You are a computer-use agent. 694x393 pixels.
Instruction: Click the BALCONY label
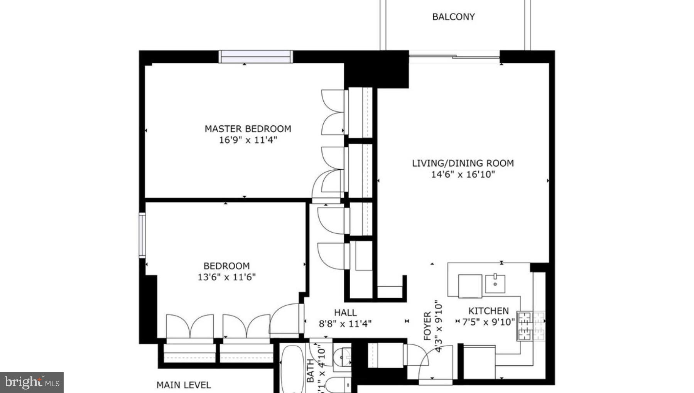tap(453, 17)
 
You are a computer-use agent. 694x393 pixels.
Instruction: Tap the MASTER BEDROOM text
tap(248, 129)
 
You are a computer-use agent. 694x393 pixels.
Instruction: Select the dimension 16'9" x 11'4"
tap(248, 140)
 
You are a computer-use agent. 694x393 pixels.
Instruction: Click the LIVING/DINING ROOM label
tap(463, 163)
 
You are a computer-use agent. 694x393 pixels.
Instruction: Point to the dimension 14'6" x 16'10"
tap(463, 174)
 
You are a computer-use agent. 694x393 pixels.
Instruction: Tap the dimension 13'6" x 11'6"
tap(226, 277)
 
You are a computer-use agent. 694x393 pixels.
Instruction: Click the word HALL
tap(345, 312)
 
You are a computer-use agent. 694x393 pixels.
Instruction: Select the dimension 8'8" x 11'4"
tap(345, 324)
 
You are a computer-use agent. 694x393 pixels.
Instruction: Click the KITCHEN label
tap(488, 311)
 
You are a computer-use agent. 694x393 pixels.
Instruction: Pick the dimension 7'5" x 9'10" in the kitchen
tap(488, 322)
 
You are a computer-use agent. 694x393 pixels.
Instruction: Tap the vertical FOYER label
tap(427, 326)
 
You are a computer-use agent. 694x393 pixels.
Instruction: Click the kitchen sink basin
tap(495, 283)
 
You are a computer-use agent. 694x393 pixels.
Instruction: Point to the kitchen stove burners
tap(531, 326)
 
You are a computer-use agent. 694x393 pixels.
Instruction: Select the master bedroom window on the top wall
tap(255, 57)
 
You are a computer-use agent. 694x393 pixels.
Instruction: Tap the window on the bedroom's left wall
tap(142, 235)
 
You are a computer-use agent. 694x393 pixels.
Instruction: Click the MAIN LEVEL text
tap(184, 385)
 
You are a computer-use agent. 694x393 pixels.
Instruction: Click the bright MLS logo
tap(32, 382)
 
